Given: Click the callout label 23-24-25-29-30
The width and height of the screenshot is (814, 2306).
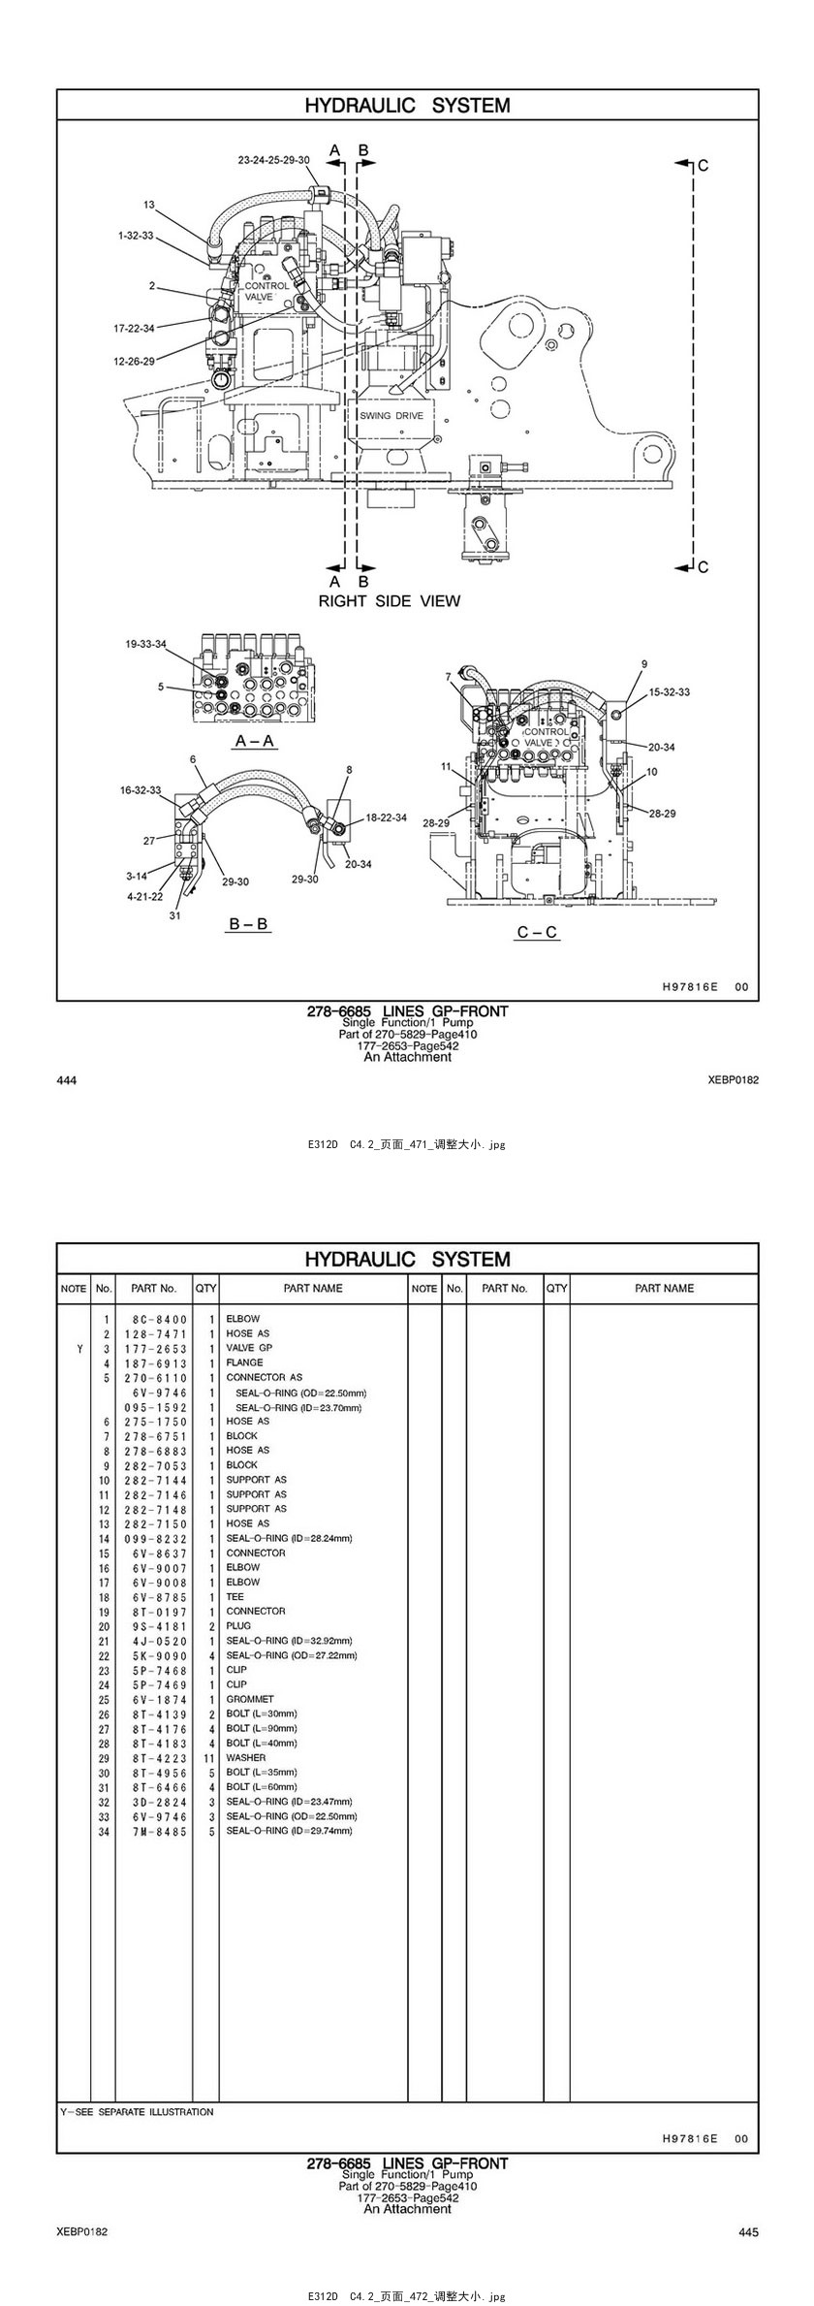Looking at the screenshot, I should point(274,160).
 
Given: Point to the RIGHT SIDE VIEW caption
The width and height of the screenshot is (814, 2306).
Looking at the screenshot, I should point(390,601).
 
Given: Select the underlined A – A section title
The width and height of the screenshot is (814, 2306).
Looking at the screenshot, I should point(255,741).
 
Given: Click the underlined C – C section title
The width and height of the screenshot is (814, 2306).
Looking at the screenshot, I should point(537,932).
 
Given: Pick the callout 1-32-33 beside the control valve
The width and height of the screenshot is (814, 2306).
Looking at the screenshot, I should point(136,235).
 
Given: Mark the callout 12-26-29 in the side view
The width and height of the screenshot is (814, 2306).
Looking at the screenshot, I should point(134,361).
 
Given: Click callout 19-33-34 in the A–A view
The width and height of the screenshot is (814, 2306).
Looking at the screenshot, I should point(145,644).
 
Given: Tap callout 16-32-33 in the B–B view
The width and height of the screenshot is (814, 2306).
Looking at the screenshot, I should point(141,790).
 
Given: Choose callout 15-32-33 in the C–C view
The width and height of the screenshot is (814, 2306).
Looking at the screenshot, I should point(670,692).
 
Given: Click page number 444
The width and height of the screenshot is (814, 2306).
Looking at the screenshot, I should point(67,1080).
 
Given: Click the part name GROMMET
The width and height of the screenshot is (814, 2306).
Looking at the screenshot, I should point(250,1699).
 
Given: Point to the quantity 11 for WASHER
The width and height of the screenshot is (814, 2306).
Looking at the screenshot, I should point(208,1757).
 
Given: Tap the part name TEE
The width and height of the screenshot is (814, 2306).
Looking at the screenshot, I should point(235,1596).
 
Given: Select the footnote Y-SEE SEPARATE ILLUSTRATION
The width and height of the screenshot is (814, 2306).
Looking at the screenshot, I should point(137,2111).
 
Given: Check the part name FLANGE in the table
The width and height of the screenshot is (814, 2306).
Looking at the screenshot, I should point(244,1362).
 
